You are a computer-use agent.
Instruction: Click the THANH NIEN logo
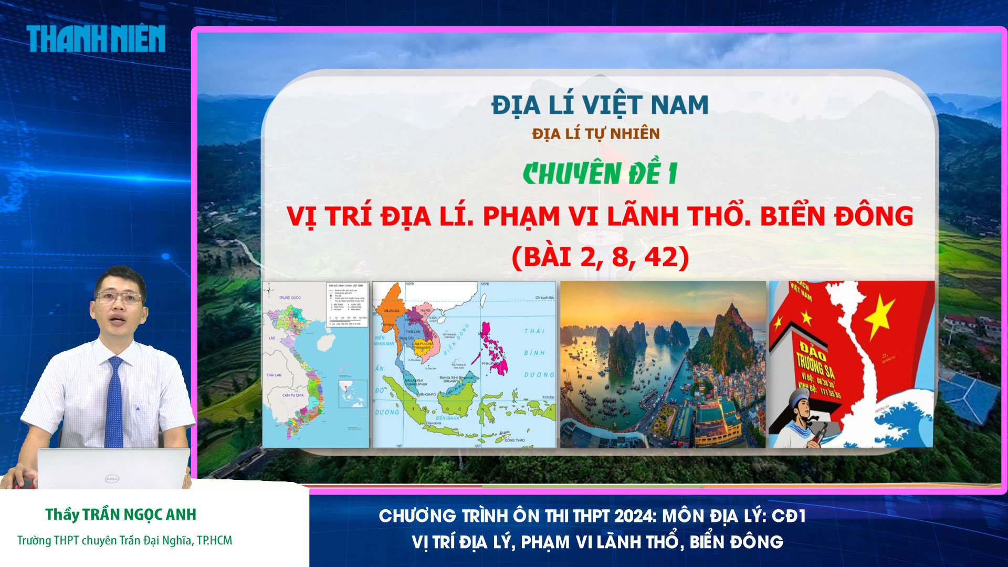(x=96, y=39)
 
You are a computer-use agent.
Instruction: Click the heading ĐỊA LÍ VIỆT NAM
(x=600, y=105)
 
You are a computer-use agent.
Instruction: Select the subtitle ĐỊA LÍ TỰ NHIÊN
(x=595, y=134)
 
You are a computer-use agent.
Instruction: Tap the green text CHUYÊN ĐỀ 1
(x=600, y=174)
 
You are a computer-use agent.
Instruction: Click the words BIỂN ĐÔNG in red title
(x=836, y=216)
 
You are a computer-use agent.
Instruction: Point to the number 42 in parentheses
(x=659, y=257)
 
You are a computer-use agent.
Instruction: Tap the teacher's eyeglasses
(x=119, y=298)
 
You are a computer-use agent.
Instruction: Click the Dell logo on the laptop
(x=112, y=478)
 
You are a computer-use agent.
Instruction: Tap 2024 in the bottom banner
(x=634, y=516)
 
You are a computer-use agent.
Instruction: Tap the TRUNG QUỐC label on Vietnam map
(x=290, y=298)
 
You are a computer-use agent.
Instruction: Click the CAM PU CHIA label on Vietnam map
(x=293, y=395)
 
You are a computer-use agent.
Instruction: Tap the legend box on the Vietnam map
(x=347, y=304)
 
